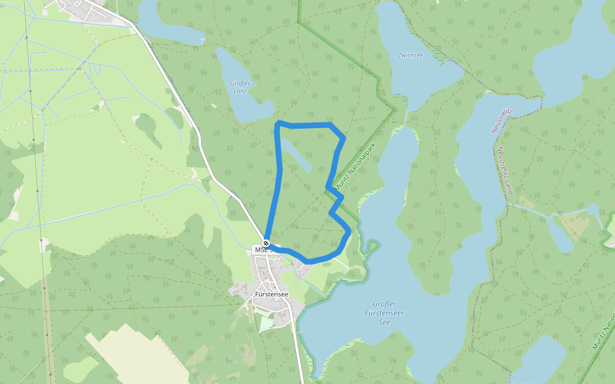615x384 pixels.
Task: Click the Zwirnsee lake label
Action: (x=410, y=56)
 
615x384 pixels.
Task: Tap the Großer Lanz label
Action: (x=240, y=86)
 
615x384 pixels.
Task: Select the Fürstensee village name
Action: (x=271, y=294)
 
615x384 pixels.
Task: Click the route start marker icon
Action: (x=266, y=243)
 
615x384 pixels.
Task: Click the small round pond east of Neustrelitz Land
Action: (x=593, y=209)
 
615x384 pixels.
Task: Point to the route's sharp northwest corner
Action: (x=278, y=123)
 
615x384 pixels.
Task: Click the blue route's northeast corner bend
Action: (x=343, y=136)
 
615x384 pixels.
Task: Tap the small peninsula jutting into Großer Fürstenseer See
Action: (x=370, y=247)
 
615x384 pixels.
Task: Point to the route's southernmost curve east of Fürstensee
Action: (x=309, y=261)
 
